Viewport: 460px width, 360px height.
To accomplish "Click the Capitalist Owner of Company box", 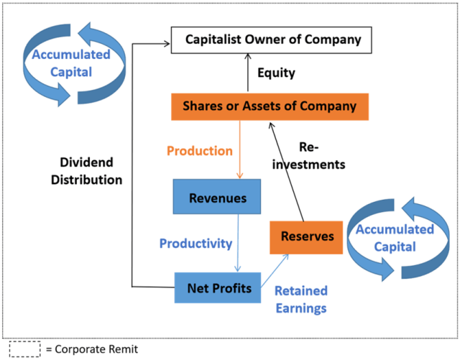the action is pos(272,40).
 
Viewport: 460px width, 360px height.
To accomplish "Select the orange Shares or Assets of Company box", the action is pos(270,107).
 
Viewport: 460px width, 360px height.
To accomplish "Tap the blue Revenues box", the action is pos(217,197).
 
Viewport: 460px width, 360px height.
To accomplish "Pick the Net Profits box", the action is pos(218,287).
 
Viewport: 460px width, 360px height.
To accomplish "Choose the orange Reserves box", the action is pos(306,237).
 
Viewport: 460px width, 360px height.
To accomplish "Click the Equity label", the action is pos(276,73).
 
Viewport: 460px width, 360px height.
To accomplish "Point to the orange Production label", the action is pos(200,151).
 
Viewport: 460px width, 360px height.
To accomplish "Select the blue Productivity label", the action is pos(195,244).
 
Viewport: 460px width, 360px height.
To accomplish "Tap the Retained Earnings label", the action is pos(301,300).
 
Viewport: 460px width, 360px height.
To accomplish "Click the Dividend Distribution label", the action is pos(86,171).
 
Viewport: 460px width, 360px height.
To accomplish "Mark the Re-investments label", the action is pos(308,156).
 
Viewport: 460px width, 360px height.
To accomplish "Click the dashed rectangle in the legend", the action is pos(24,349).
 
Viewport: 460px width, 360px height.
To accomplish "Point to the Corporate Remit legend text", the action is pos(92,349).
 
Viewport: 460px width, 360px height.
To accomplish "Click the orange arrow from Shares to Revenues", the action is pos(239,149).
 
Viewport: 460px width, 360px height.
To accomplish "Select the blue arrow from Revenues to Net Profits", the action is pos(238,243).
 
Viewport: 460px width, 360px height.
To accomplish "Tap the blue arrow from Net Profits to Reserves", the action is pos(275,270).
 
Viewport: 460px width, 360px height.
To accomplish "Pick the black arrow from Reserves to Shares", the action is pos(286,172).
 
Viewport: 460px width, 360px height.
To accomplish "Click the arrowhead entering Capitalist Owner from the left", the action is pos(167,44).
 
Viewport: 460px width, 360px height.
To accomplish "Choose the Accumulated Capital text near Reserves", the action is pos(395,238).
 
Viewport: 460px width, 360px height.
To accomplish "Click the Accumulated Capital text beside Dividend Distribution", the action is pos(71,63).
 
